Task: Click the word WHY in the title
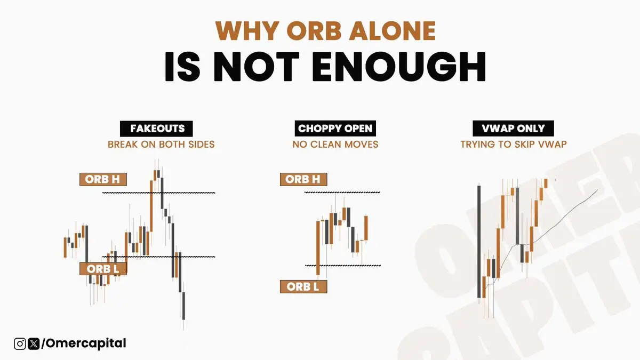pos(247,31)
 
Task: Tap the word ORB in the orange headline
pos(314,31)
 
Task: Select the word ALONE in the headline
pos(393,31)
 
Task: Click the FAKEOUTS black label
pos(156,129)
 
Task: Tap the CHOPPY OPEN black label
pos(335,129)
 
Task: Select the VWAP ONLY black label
pos(513,129)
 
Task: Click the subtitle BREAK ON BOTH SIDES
pos(161,145)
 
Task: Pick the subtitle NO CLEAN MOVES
pos(335,145)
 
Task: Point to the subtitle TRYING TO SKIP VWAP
pos(514,145)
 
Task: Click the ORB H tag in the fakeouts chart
pos(103,179)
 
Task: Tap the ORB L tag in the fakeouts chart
pos(103,269)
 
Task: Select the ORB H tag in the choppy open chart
pos(303,179)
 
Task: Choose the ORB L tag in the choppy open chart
pos(303,286)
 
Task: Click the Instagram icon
pos(20,343)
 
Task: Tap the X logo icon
pos(34,343)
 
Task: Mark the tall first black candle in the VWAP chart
pos(479,242)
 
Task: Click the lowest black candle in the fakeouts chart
pos(183,306)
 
